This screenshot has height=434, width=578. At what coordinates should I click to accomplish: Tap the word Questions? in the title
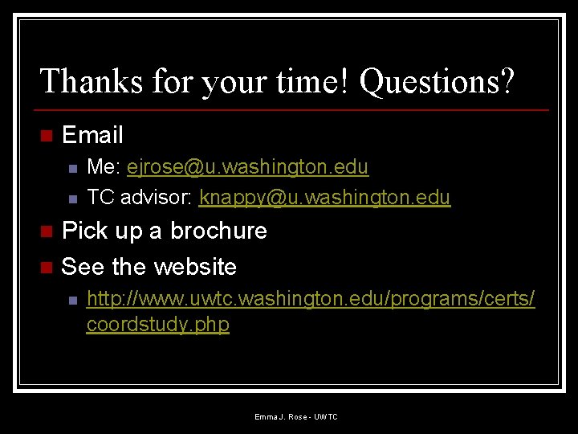(438, 81)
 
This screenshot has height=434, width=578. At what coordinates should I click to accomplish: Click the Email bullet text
(92, 135)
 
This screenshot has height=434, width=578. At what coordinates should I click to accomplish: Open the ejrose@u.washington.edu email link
(247, 167)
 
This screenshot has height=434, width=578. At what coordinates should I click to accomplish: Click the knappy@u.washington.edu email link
(324, 197)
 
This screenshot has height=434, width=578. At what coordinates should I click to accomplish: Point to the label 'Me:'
(103, 167)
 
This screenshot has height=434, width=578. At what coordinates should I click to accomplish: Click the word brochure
(218, 231)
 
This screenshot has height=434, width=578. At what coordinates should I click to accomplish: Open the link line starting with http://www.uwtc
(311, 299)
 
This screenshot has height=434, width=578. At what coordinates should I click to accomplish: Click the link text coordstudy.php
(157, 325)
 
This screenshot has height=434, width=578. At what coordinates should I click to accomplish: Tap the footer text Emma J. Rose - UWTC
(296, 416)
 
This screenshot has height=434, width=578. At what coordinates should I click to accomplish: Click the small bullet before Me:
(71, 169)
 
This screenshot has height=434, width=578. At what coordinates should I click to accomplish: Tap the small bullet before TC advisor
(71, 199)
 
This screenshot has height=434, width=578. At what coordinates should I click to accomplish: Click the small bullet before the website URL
(71, 301)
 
